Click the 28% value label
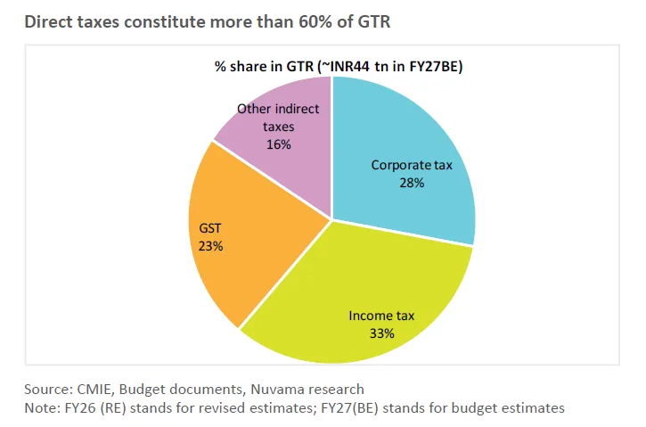point(411,182)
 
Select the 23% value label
point(210,246)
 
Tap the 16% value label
point(278,144)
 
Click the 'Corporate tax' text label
point(411,165)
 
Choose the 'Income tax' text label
point(381,316)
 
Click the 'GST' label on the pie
point(210,229)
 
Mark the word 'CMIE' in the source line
point(93,390)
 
